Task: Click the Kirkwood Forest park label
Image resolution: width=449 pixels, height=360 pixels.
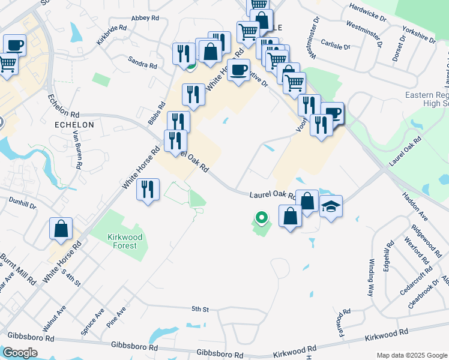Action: pos(124,241)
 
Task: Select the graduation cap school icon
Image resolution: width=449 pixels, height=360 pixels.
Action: pos(331,207)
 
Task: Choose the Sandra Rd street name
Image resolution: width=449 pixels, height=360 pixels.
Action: pos(142,61)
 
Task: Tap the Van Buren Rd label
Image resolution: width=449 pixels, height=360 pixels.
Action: pos(78,150)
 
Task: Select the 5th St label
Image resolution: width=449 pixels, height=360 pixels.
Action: pos(199,309)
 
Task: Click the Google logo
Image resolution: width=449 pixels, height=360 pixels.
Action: pos(20,353)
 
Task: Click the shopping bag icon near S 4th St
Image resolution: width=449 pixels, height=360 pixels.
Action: pos(61,229)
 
